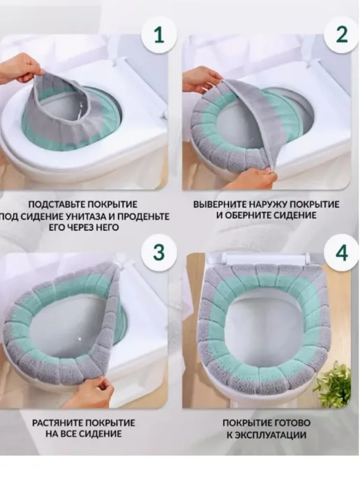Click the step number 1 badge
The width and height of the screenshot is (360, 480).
(159, 35)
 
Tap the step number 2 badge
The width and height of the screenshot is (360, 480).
(342, 35)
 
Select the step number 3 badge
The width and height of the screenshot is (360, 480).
(159, 252)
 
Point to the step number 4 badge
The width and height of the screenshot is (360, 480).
(342, 253)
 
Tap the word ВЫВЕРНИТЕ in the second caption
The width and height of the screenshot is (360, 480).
(219, 204)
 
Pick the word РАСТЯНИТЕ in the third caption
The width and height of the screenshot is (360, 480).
(57, 423)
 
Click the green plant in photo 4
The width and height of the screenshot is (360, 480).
(333, 384)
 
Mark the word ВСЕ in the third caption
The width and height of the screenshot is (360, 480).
(63, 434)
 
